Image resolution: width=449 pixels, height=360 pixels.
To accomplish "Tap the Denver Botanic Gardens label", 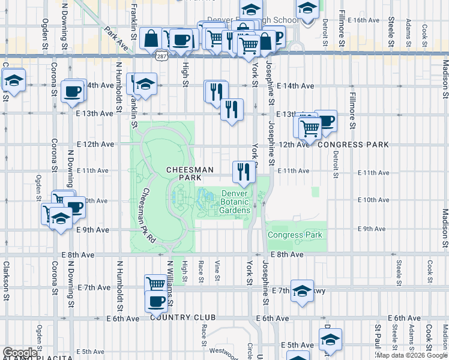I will tap(234, 202).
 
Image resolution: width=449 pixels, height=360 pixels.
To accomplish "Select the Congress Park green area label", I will tap(295, 235).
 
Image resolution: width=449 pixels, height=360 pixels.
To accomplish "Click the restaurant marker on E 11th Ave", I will tap(244, 172).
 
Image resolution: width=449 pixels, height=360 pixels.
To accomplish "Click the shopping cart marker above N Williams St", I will tap(156, 283).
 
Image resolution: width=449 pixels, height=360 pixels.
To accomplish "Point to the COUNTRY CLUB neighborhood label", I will tap(184, 317).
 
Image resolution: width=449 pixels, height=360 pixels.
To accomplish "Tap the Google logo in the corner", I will tap(19, 353).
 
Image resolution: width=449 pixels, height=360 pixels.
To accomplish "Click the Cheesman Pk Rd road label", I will tap(148, 215).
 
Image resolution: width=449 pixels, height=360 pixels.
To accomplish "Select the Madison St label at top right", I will tap(445, 78).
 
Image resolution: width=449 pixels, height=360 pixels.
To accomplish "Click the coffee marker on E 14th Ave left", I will tap(73, 92).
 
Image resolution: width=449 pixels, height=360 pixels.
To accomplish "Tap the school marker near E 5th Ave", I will tap(330, 340).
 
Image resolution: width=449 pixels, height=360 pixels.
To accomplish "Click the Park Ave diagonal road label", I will tap(116, 37).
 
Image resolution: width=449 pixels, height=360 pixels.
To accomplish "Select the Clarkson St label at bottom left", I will tap(6, 280).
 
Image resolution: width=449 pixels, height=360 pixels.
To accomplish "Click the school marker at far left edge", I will tap(13, 81).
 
